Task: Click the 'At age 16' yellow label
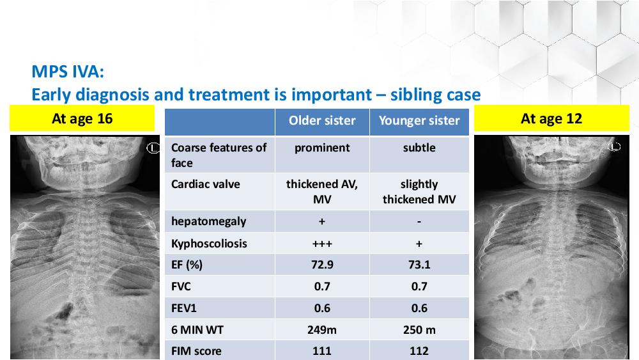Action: (x=82, y=119)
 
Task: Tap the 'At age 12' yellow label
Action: (x=551, y=119)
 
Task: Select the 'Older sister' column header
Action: (x=322, y=121)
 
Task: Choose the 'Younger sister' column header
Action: (x=419, y=121)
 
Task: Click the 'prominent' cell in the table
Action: (x=322, y=148)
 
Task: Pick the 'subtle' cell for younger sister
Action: (x=419, y=148)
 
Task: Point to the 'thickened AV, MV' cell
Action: (x=322, y=192)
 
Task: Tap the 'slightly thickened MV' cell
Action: (x=419, y=192)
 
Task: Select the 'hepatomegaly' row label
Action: (x=209, y=221)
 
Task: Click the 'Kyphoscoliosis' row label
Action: (x=209, y=244)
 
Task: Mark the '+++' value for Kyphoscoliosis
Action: (x=322, y=244)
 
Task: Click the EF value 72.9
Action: (x=322, y=265)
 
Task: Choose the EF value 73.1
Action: (x=419, y=265)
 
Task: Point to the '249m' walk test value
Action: (x=322, y=330)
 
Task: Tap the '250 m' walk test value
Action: (x=419, y=330)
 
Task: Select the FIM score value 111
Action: (x=322, y=351)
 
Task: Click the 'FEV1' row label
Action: (x=184, y=308)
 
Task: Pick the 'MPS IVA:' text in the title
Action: (x=68, y=72)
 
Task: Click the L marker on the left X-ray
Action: (x=153, y=148)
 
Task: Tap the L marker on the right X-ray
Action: (x=614, y=147)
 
